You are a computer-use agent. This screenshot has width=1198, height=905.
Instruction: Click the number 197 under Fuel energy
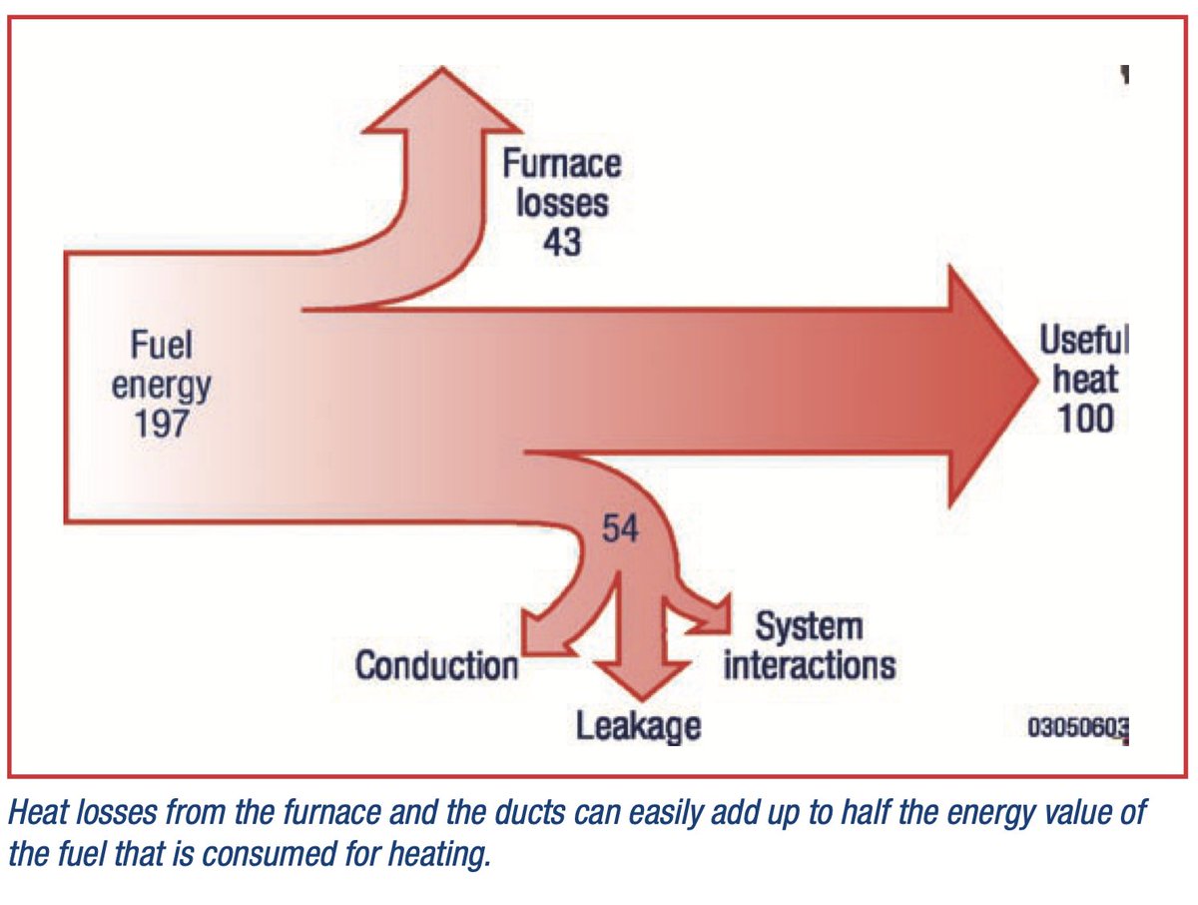click(162, 425)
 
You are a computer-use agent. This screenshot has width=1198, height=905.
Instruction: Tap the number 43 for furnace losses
click(561, 241)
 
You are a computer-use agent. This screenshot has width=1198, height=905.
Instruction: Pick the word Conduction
click(437, 665)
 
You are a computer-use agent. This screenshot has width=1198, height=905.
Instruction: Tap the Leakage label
click(638, 726)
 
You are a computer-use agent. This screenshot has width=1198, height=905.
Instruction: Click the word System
click(809, 627)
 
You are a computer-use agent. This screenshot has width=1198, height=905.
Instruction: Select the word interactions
click(809, 664)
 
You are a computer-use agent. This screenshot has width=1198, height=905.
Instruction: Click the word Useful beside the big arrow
click(1083, 342)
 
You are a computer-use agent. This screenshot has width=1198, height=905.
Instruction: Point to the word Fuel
click(161, 347)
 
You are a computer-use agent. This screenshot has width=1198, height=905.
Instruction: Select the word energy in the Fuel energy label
click(161, 386)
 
